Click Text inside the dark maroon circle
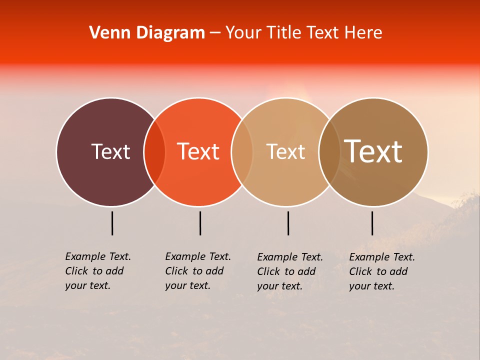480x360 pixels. coord(110,151)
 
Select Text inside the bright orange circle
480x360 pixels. coord(198,151)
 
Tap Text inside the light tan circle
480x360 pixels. coord(285,151)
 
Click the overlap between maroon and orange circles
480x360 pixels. coord(154,152)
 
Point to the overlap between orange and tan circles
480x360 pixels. coord(242,152)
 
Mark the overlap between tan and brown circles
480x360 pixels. coord(329,152)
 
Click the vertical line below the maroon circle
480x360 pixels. coord(112,223)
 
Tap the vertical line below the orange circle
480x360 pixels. coord(200,223)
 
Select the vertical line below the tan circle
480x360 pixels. coord(288,223)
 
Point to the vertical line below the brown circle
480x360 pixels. coord(372,223)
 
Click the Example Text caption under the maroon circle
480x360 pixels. coord(98,271)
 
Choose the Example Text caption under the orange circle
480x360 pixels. coord(198,271)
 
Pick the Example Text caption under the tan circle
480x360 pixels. coord(290,271)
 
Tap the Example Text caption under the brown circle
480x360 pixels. coord(382,271)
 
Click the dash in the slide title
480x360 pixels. coord(215,33)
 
